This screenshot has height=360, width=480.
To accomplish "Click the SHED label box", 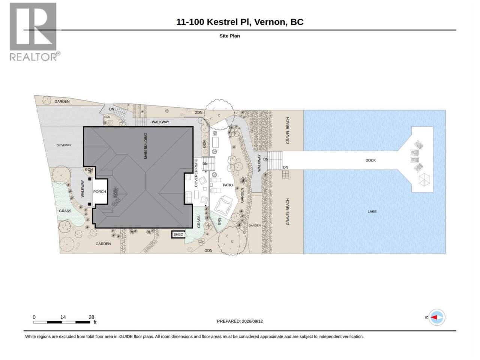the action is click(x=178, y=234).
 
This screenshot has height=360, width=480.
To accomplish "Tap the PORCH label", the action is click(x=99, y=192).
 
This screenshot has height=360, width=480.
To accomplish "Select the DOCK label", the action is click(x=370, y=160).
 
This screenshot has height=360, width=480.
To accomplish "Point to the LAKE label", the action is click(x=372, y=211).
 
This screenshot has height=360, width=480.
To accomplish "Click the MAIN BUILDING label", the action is click(x=145, y=146).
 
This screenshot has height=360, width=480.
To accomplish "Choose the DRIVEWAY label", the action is click(x=64, y=145).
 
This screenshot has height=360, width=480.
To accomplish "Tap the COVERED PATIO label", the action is click(x=196, y=172).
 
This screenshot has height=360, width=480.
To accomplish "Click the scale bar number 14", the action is click(x=63, y=317).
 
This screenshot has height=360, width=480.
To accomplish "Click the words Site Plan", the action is click(x=229, y=36).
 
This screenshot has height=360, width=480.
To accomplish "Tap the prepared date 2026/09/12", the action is click(x=252, y=321).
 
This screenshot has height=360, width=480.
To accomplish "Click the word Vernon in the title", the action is click(x=271, y=22).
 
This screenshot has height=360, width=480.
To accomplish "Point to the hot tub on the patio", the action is click(x=223, y=206).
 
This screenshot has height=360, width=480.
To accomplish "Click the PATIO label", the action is click(x=228, y=185).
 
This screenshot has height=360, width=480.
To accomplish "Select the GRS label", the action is click(x=219, y=221).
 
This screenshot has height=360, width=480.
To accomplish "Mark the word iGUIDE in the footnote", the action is click(x=126, y=337).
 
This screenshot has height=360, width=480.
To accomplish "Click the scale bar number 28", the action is click(x=91, y=317).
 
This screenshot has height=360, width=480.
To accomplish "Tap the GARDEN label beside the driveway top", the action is click(x=62, y=101).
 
